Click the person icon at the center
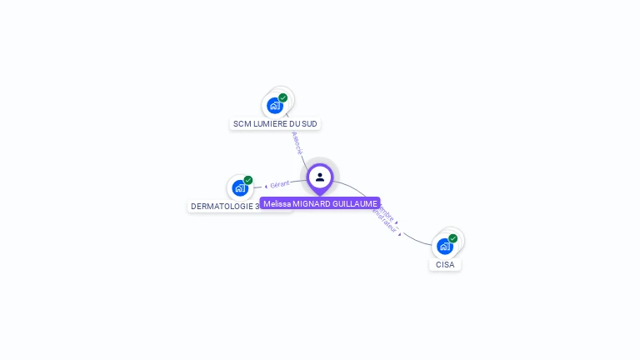point(320,177)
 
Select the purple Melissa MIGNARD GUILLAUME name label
point(320,203)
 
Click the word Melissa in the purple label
point(277,203)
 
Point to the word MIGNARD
point(312,203)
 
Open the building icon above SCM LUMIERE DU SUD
point(274,106)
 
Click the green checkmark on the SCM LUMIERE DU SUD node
point(283,97)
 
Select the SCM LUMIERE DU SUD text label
point(275,124)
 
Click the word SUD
point(309,124)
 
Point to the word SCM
point(242,124)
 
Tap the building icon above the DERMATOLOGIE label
point(240,188)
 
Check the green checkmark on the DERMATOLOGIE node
point(248,180)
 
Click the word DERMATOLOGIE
point(222,207)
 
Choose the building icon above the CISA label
point(444,247)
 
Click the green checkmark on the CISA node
point(453,238)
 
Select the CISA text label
point(445,265)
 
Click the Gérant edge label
point(280,184)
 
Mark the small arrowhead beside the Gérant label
point(266,186)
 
